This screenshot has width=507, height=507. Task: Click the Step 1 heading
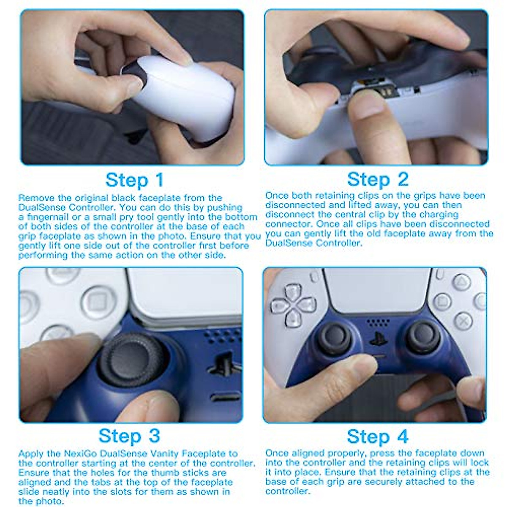pos(134,180)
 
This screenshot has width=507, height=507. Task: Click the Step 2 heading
pos(378,180)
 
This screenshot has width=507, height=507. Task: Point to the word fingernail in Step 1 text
pos(46,217)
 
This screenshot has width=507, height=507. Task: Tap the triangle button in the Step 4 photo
pos(462,282)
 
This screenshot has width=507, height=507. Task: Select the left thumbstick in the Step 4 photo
pos(334,338)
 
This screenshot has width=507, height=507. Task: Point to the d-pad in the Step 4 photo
pos(294,306)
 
